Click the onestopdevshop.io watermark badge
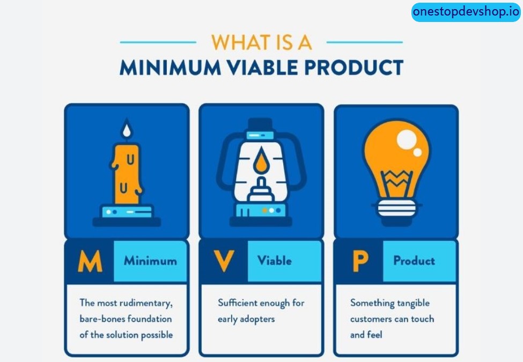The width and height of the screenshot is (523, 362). point(466,11)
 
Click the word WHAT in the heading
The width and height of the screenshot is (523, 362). point(238,42)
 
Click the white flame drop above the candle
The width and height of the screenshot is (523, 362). point(127,130)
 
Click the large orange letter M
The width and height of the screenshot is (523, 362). point(90,261)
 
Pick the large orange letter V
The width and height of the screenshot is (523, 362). point(224,261)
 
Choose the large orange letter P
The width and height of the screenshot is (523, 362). point(359,261)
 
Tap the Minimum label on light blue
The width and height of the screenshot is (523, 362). point(150,261)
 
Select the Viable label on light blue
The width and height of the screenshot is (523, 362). point(274,261)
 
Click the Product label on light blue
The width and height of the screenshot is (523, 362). point(414,261)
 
